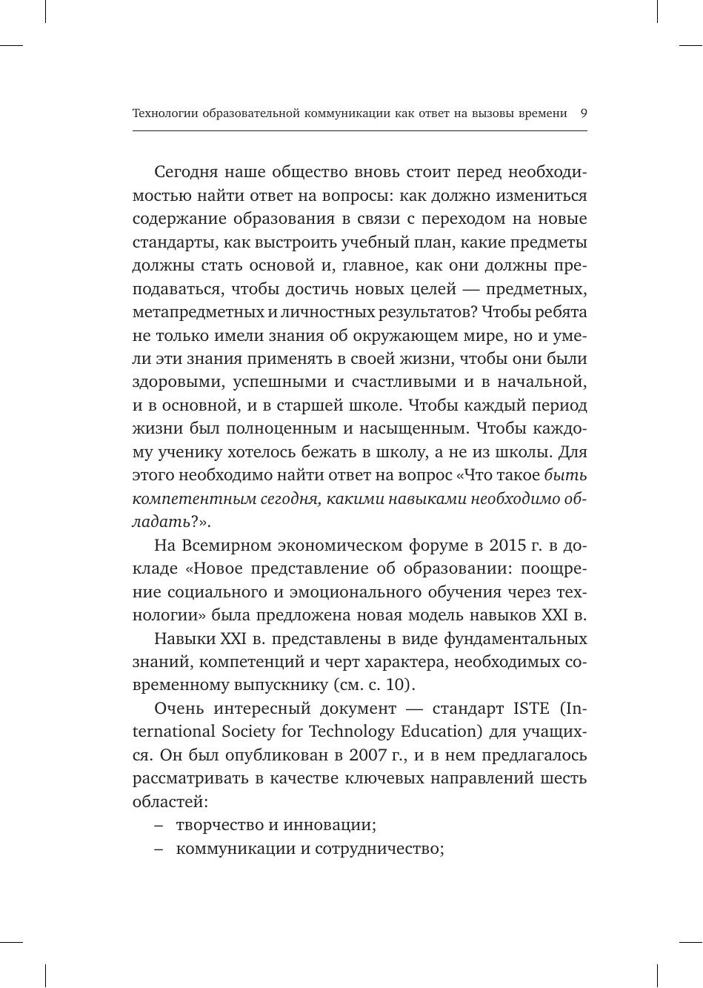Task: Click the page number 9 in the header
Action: pyautogui.click(x=583, y=113)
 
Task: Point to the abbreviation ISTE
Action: pyautogui.click(x=530, y=708)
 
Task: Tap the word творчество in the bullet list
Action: pyautogui.click(x=215, y=825)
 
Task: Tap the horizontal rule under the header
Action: pyautogui.click(x=359, y=131)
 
